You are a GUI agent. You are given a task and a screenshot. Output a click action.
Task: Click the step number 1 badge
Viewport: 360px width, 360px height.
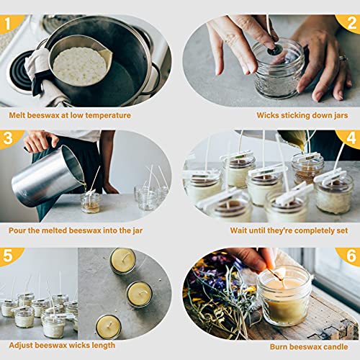click(9, 23)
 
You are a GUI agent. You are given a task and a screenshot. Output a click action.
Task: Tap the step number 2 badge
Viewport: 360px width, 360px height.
click(350, 23)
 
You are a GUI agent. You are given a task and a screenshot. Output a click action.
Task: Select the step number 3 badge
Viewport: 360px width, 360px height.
click(9, 138)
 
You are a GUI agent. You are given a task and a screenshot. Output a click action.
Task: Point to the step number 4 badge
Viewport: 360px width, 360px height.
click(350, 138)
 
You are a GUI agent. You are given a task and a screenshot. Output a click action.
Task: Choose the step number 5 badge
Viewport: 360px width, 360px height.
click(9, 256)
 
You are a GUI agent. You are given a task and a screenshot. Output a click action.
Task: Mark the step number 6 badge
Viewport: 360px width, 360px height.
click(350, 256)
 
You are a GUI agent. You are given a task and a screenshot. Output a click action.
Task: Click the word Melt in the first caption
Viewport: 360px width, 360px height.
click(17, 115)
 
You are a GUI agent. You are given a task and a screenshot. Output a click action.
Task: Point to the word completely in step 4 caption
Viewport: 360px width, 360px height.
click(313, 231)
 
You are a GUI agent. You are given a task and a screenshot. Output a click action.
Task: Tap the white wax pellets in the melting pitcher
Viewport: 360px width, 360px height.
click(80, 66)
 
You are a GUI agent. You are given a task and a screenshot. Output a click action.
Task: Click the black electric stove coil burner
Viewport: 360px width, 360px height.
click(19, 72)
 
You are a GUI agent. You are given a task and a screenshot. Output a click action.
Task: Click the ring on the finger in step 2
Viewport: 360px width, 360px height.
click(343, 58)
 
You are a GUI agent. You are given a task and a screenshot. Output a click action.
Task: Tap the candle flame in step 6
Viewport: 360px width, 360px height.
click(282, 272)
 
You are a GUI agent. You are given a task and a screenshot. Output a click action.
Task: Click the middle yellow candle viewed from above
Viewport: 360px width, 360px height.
click(139, 294)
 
